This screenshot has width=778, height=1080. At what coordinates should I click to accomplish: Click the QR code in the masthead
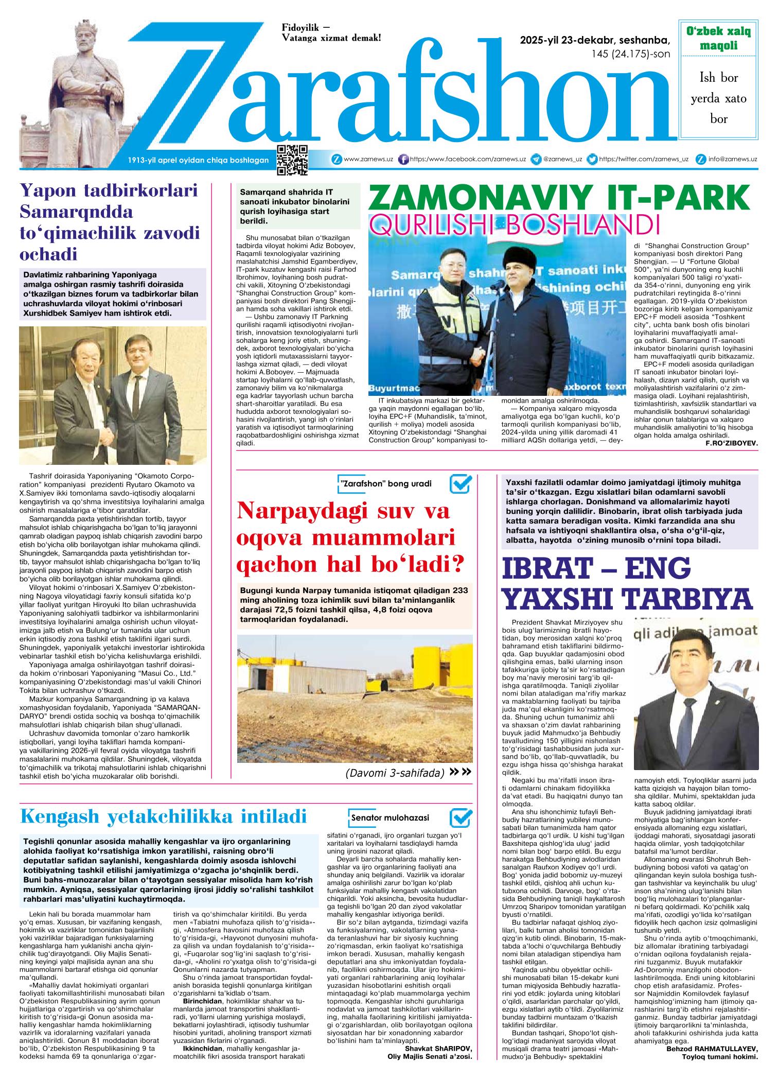pos(292,160)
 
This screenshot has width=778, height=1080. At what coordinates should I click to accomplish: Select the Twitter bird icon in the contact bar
pos(592,160)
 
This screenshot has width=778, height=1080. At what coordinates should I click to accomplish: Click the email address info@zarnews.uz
pos(732,160)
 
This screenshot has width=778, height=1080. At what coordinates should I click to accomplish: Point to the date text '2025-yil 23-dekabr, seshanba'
pos(595,41)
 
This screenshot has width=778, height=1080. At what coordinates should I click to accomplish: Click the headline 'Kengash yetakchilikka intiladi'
pos(164,816)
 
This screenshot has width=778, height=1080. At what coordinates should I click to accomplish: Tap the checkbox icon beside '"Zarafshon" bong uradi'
pos(461,484)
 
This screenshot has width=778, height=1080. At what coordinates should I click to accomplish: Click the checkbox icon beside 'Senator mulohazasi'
pos(461,817)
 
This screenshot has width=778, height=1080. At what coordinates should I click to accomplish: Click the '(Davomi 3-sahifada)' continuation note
pos(395,773)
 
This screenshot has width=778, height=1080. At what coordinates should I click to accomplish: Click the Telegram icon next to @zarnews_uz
pos(536,160)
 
